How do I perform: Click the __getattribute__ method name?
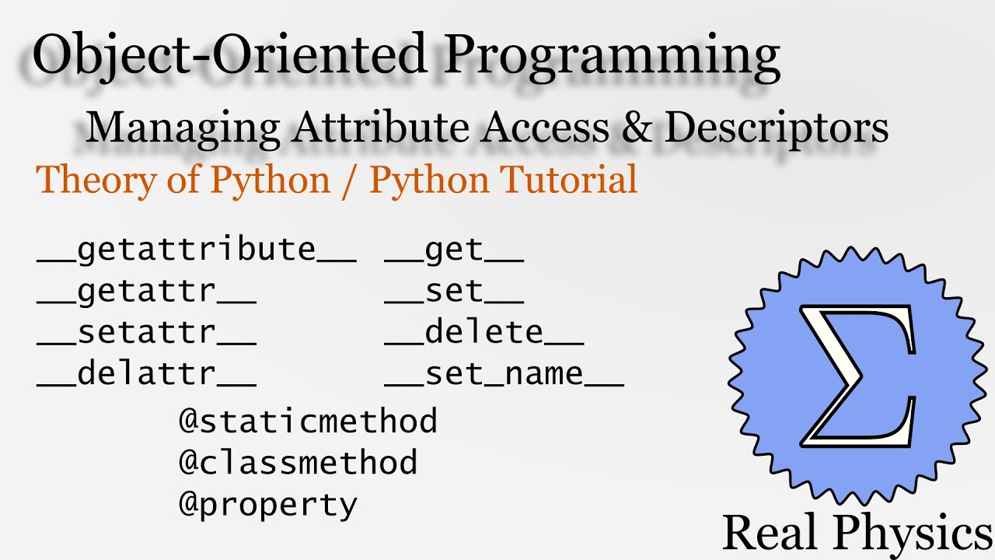click(196, 250)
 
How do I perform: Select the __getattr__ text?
click(146, 292)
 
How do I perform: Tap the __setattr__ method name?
click(146, 333)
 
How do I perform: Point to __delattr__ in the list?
click(146, 374)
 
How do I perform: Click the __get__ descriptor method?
click(454, 250)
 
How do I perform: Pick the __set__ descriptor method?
click(454, 292)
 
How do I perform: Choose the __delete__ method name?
click(484, 333)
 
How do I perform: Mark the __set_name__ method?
click(504, 374)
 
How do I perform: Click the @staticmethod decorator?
click(308, 422)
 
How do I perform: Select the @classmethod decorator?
click(298, 463)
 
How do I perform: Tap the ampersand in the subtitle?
click(638, 128)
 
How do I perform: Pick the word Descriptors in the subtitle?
click(777, 129)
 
